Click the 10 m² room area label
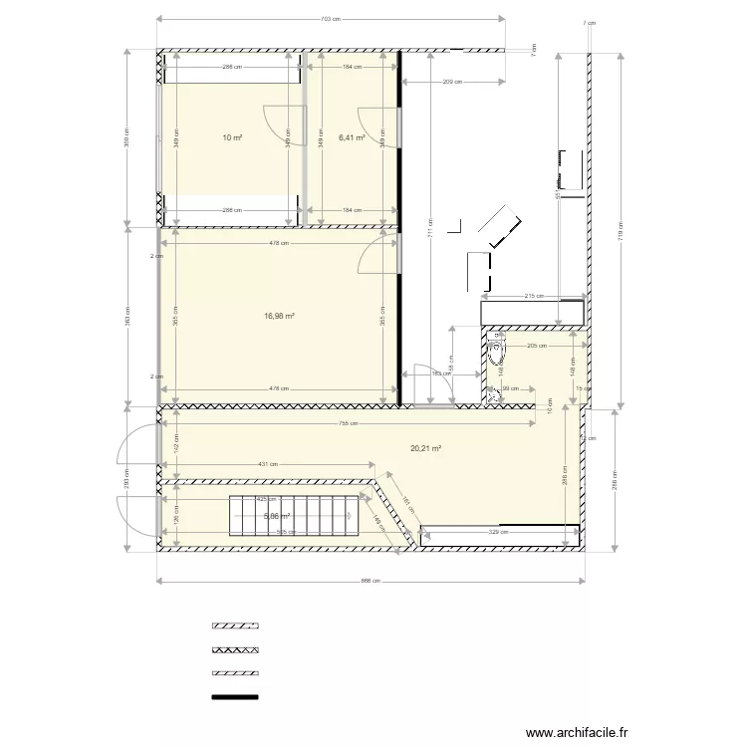pyautogui.click(x=232, y=138)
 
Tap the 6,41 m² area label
pyautogui.click(x=352, y=138)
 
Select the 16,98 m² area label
pyautogui.click(x=280, y=316)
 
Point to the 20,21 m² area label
pyautogui.click(x=425, y=448)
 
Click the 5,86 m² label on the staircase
pyautogui.click(x=276, y=516)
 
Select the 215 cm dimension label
pyautogui.click(x=533, y=296)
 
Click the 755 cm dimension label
pyautogui.click(x=351, y=423)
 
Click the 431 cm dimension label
pyautogui.click(x=267, y=464)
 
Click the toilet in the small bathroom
pyautogui.click(x=497, y=352)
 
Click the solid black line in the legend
pyautogui.click(x=235, y=697)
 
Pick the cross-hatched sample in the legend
pyautogui.click(x=235, y=649)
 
